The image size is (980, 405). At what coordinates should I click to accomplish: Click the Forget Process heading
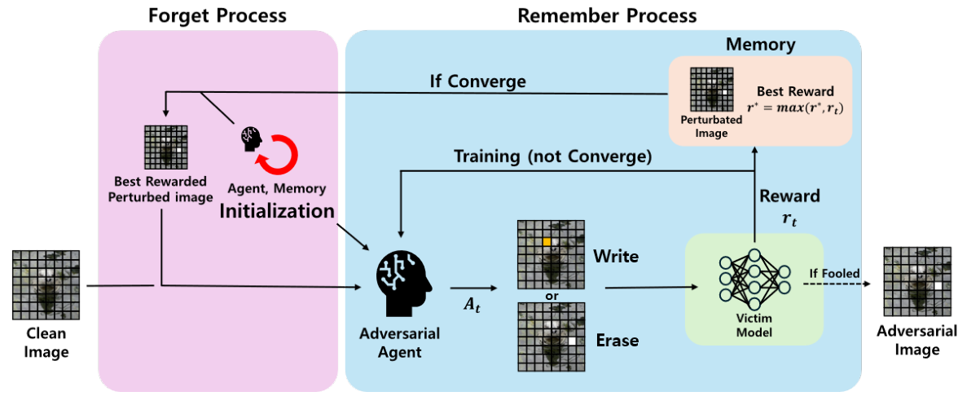pos(218,15)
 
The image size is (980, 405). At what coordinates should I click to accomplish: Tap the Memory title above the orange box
pos(760,44)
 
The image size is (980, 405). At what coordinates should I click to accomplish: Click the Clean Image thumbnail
pos(46,284)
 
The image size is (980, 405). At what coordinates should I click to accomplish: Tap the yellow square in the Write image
pos(547,243)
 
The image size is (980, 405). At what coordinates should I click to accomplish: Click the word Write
pos(616,257)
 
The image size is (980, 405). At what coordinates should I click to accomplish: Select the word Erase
pos(617,340)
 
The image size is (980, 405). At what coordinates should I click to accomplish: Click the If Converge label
pos(477,81)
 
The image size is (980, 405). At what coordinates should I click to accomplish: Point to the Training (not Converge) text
pos(553,156)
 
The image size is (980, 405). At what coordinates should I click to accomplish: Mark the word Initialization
pos(276,211)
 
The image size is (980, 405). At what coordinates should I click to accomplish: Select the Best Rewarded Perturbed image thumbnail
pos(165,147)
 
